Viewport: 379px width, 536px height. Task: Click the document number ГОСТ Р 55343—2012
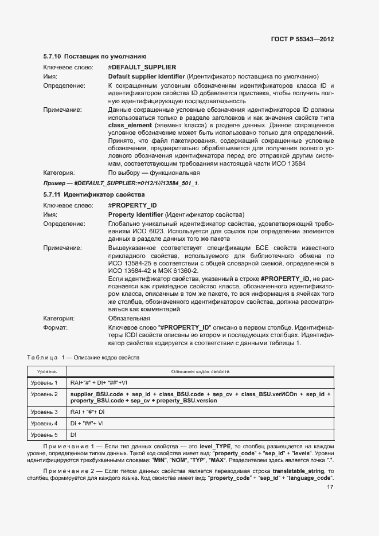coord(302,40)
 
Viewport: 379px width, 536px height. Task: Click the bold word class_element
coord(130,125)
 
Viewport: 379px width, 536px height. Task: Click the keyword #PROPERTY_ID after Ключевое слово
coord(132,205)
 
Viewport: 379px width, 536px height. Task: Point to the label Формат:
coord(56,327)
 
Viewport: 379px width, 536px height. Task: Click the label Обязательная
coord(129,318)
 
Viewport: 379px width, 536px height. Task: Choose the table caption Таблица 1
coord(84,358)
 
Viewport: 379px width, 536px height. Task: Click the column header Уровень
coord(43,371)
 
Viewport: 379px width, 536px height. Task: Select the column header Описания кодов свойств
coord(200,371)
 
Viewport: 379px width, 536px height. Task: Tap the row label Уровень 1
coord(44,382)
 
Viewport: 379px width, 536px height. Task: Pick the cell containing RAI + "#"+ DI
coord(87,412)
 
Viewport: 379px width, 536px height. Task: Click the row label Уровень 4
coord(44,424)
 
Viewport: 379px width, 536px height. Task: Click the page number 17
coord(330,488)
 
